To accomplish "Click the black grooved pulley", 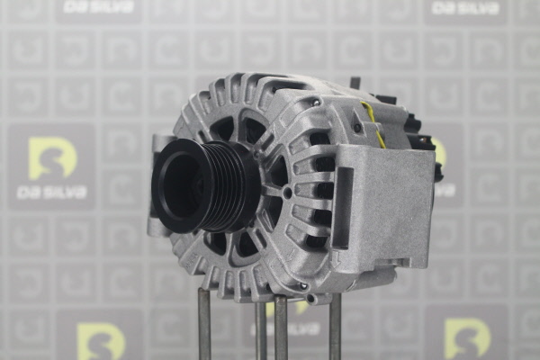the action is point(205,186).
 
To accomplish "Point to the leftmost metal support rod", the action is point(204,323).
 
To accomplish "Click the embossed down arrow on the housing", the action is point(336,259).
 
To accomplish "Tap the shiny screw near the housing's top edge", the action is point(315,102).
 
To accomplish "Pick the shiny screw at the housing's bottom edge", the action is point(303,285).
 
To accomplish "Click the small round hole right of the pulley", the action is point(288,193).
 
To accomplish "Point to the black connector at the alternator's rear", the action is point(427,138).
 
